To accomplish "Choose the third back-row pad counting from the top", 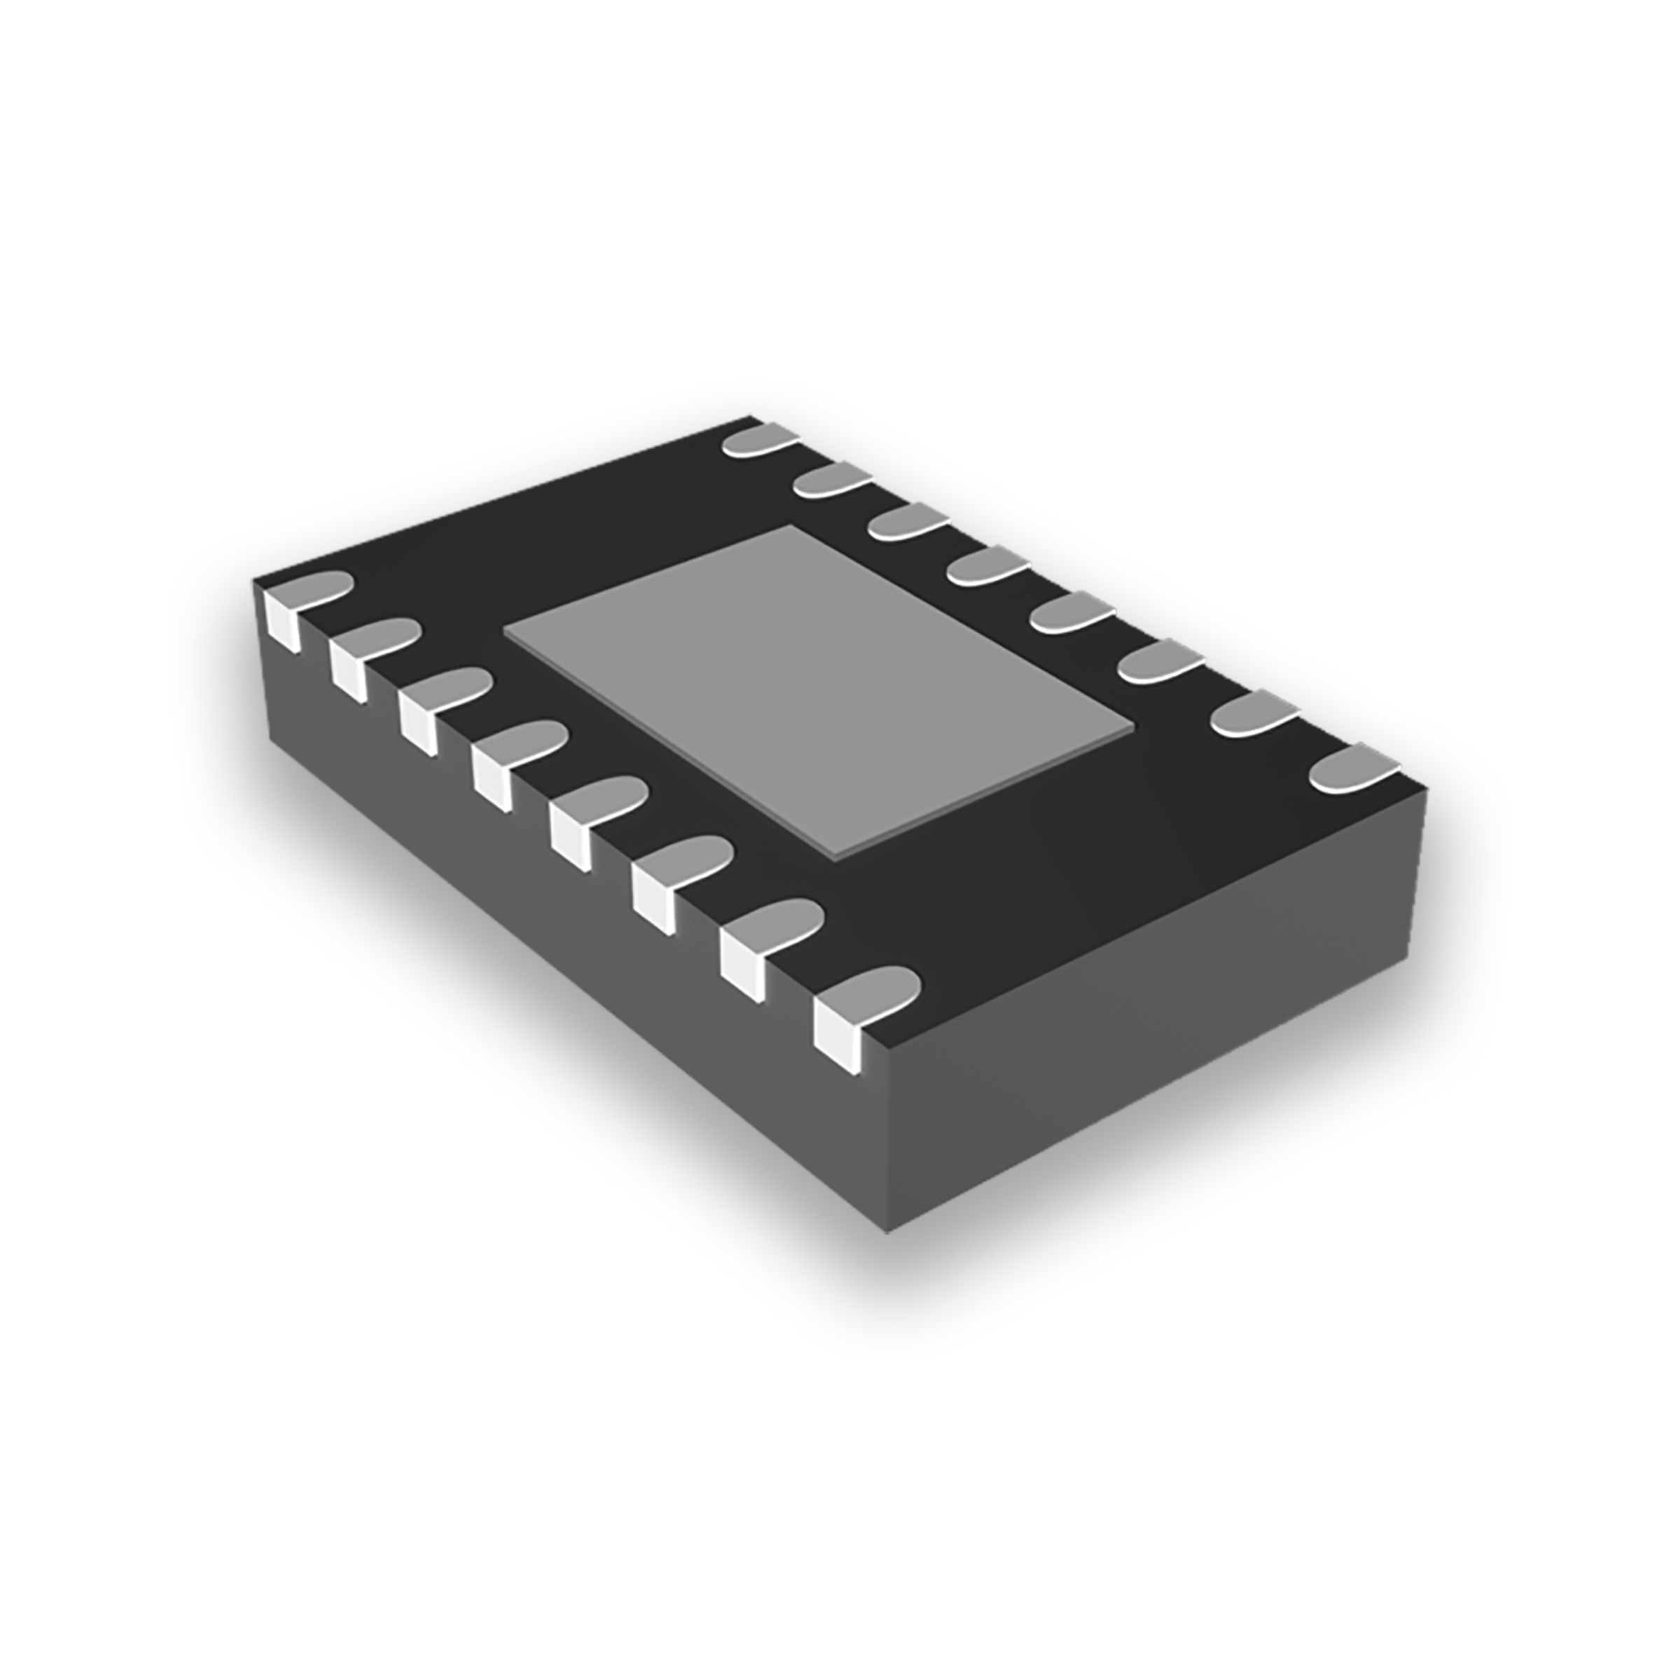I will [908, 521].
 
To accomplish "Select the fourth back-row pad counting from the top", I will [989, 565].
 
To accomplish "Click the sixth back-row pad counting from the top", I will [1161, 661].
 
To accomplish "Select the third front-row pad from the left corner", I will [450, 685].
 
